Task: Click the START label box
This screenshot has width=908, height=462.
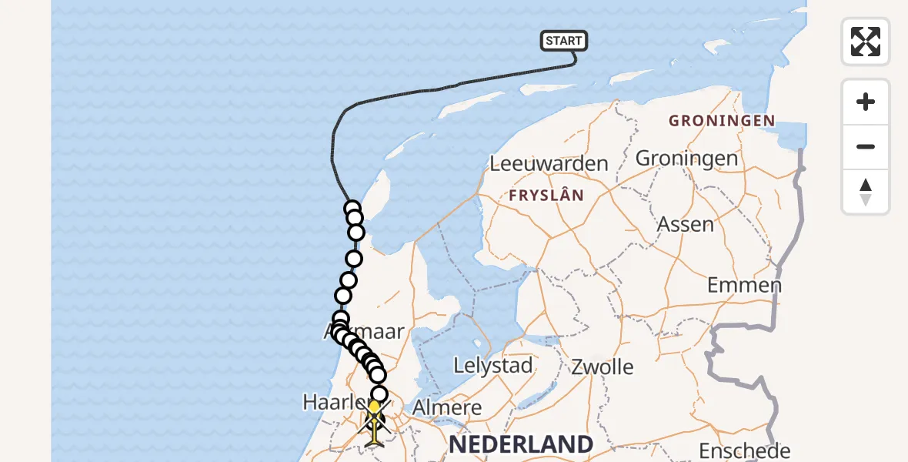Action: (564, 41)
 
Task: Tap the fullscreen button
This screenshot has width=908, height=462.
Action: (866, 42)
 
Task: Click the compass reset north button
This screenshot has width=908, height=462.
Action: (866, 192)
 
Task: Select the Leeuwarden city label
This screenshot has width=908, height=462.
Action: (549, 164)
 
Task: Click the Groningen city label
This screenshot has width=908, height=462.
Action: (686, 159)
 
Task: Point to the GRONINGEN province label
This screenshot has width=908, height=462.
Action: (721, 121)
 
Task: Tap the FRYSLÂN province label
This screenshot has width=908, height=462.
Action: (546, 196)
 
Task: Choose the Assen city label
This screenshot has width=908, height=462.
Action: (685, 225)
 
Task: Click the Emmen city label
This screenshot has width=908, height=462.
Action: (744, 286)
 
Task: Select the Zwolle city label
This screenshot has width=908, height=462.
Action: (603, 367)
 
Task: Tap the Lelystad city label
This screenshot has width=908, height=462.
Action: (493, 366)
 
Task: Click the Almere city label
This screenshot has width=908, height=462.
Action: (448, 407)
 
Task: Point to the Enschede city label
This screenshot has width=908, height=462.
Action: (744, 450)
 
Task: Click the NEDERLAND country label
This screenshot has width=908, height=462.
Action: (521, 444)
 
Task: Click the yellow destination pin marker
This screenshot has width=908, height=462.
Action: (374, 408)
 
